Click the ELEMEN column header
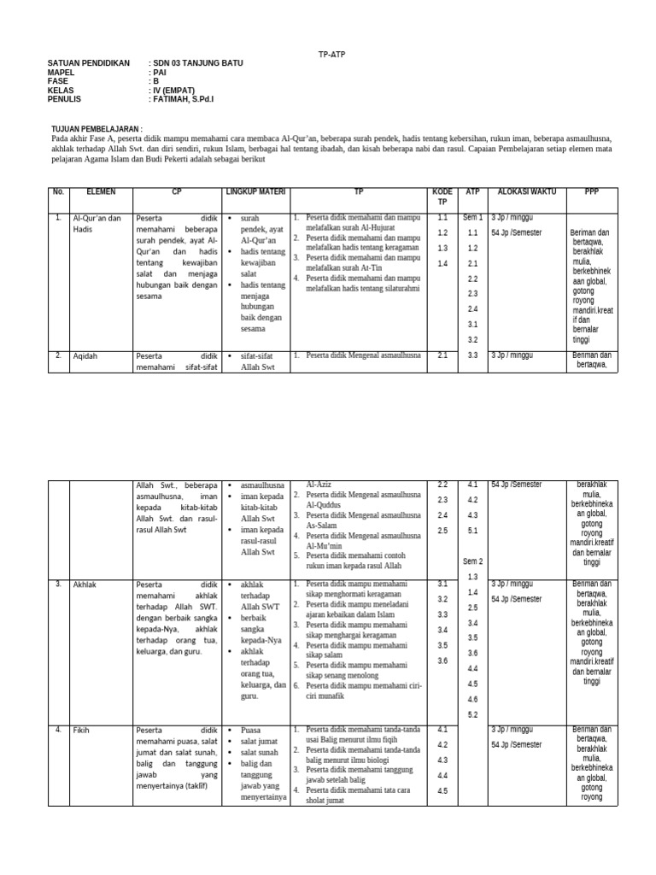(x=101, y=192)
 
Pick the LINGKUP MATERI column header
(x=255, y=192)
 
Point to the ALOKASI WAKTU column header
(x=526, y=192)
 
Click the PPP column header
(x=591, y=192)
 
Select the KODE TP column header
(x=442, y=197)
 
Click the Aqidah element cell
(x=87, y=355)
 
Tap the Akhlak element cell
(x=86, y=584)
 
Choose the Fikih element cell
(x=82, y=731)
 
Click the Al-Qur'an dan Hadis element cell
(x=97, y=224)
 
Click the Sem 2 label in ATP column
(x=472, y=561)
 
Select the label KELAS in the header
(x=61, y=91)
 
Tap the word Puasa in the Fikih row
(x=251, y=731)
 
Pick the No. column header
(x=58, y=192)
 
